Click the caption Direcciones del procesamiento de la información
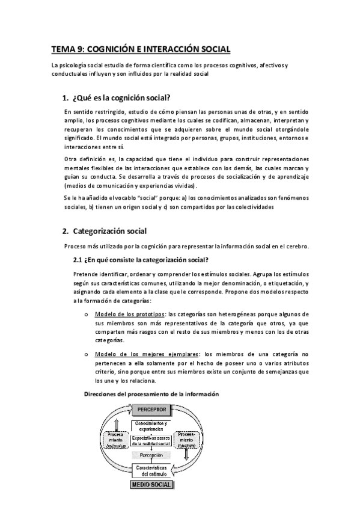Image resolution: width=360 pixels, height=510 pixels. click(150, 393)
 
